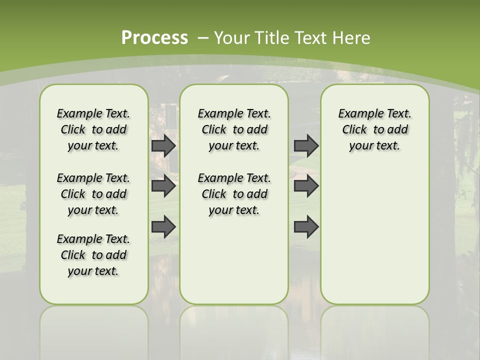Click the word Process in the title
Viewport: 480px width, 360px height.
(x=154, y=37)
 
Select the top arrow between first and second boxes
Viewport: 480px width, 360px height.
(x=163, y=145)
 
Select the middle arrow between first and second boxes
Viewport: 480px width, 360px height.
(x=163, y=186)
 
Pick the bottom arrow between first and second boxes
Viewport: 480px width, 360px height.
(x=163, y=227)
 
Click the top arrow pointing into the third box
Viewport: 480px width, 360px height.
(x=306, y=145)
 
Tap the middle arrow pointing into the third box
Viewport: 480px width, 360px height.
(x=306, y=186)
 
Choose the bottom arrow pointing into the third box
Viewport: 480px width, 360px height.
(x=306, y=227)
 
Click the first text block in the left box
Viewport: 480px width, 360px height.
(x=93, y=129)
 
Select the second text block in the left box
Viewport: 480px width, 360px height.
(x=93, y=194)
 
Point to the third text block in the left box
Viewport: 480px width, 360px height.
(x=93, y=255)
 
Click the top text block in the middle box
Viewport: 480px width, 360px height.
(x=234, y=129)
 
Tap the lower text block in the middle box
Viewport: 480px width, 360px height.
(x=234, y=194)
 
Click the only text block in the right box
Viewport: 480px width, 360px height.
(x=374, y=129)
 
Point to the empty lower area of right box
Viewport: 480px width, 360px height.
(x=374, y=235)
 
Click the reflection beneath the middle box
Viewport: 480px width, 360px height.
(x=234, y=330)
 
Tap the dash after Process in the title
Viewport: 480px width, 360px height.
(x=203, y=38)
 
